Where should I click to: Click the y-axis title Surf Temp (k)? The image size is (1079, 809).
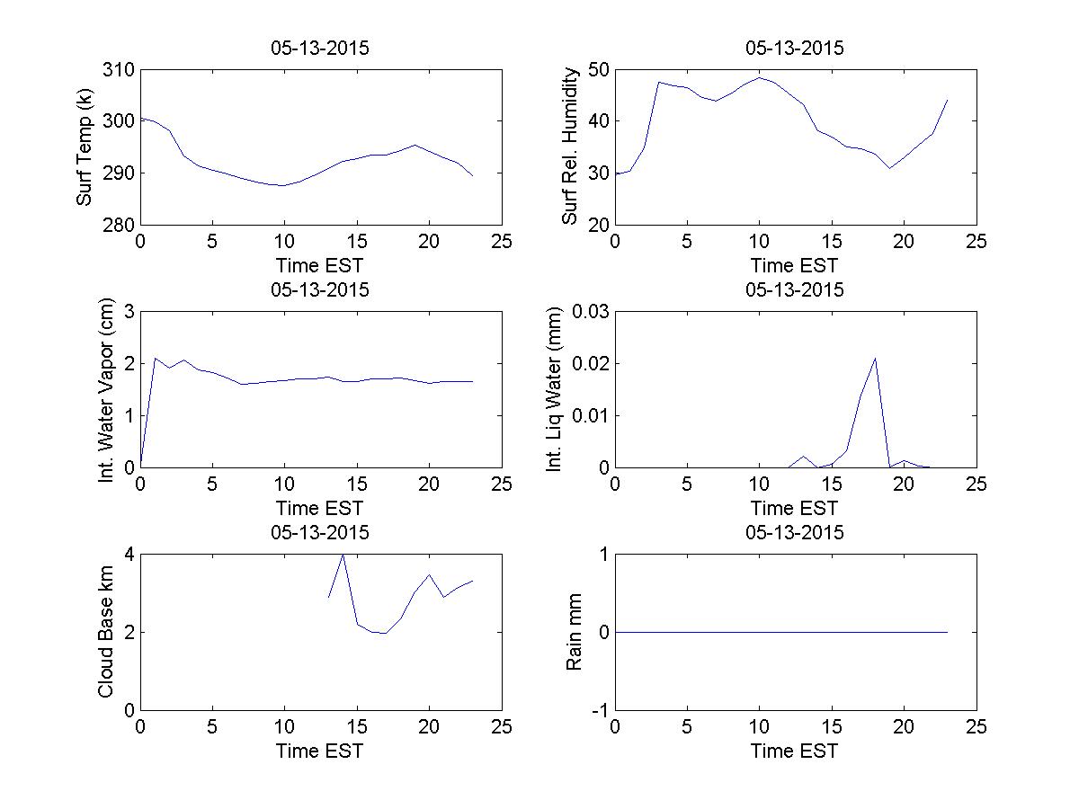click(x=85, y=147)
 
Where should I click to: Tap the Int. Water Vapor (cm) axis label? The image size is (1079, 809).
click(x=108, y=388)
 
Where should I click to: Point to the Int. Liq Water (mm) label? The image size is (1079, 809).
click(x=555, y=389)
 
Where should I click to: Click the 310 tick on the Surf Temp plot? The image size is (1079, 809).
click(x=120, y=70)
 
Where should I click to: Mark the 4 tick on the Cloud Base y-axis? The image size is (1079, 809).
click(x=129, y=555)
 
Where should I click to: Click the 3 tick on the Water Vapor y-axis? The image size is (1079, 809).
click(x=129, y=312)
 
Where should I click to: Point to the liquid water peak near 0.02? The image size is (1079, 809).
click(x=875, y=359)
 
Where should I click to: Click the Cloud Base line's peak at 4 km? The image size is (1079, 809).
click(x=343, y=556)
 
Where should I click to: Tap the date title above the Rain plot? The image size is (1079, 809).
click(x=795, y=532)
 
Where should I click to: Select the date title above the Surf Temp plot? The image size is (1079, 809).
click(x=320, y=49)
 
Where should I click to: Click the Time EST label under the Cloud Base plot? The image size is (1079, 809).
click(x=320, y=751)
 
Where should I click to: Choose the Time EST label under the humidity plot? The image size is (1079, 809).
click(x=795, y=265)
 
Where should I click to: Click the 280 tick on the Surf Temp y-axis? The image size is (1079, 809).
click(x=120, y=225)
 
